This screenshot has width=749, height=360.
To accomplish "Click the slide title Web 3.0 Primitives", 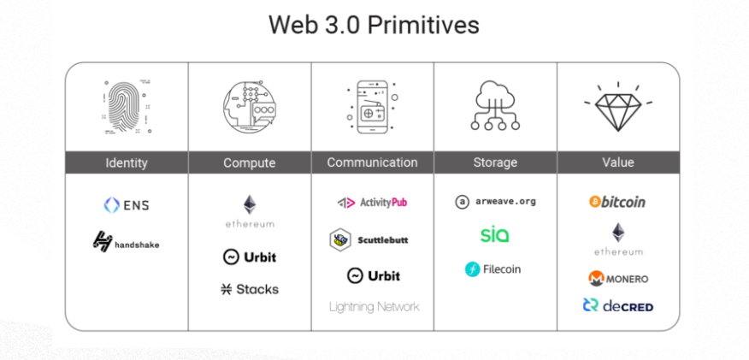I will pyautogui.click(x=374, y=24).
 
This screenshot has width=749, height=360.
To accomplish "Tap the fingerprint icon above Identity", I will pyautogui.click(x=127, y=109).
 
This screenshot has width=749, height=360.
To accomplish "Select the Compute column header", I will pyautogui.click(x=249, y=162).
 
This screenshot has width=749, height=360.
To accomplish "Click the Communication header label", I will pyautogui.click(x=372, y=162).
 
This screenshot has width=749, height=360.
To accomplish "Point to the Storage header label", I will pyautogui.click(x=495, y=162).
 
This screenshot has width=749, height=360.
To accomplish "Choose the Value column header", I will pyautogui.click(x=618, y=162).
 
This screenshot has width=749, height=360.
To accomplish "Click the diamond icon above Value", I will pyautogui.click(x=618, y=109).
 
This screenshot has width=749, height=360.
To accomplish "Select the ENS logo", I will pyautogui.click(x=127, y=205).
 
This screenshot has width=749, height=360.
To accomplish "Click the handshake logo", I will pyautogui.click(x=127, y=243).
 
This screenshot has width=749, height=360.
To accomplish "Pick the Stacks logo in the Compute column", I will pyautogui.click(x=249, y=289).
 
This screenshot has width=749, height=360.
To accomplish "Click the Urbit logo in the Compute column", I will pyautogui.click(x=249, y=257).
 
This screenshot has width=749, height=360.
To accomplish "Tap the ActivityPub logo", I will pyautogui.click(x=372, y=203).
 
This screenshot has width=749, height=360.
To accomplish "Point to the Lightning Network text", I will pyautogui.click(x=374, y=306).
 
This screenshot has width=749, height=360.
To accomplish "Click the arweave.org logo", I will pyautogui.click(x=495, y=202).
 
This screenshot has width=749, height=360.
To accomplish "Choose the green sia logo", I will pyautogui.click(x=494, y=234).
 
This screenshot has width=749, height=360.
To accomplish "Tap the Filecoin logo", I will pyautogui.click(x=493, y=269).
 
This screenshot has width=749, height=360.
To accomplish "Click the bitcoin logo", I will pyautogui.click(x=617, y=202).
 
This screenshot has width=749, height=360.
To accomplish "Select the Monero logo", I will pyautogui.click(x=617, y=279).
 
